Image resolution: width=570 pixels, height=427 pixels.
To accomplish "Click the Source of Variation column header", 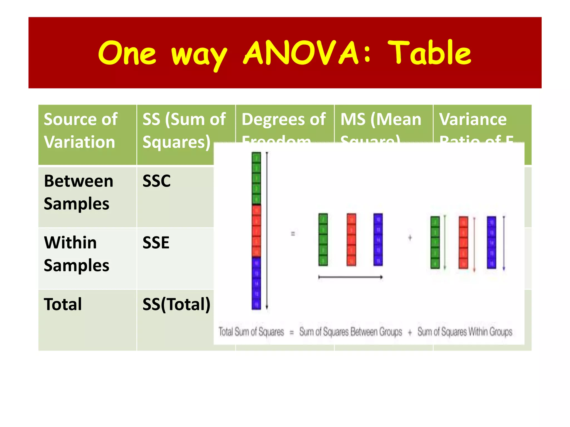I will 81,131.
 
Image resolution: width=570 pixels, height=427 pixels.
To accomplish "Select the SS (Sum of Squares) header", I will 184,131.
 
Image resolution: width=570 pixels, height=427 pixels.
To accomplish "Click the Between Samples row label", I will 78,192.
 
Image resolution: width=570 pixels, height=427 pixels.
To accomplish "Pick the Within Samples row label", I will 77,254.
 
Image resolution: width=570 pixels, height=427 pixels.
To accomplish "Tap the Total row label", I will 63,304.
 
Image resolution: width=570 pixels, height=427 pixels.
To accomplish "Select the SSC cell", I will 156,181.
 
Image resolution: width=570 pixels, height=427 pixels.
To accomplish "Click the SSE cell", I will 156,243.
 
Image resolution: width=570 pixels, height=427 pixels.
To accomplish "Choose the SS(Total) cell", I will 176,304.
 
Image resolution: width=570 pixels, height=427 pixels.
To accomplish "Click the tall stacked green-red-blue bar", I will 256,231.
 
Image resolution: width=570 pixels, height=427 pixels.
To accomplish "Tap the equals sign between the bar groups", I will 293,234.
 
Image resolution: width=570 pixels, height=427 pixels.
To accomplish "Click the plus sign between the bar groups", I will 410,238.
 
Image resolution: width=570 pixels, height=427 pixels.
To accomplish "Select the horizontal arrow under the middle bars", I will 350,277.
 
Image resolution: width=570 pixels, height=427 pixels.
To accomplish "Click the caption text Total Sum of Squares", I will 251,332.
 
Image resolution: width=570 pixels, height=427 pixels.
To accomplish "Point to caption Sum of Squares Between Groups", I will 351,332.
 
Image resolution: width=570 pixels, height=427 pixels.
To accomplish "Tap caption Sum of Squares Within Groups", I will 465,332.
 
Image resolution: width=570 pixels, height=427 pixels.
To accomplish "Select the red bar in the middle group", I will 351,239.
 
